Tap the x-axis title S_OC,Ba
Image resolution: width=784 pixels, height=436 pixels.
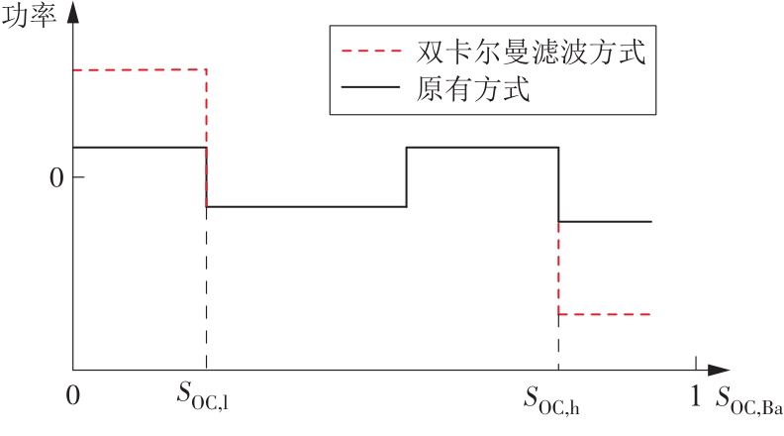pos(749,401)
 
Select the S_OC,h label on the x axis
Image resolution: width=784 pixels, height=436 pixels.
pos(558,399)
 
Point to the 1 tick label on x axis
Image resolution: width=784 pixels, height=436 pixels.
pos(695,395)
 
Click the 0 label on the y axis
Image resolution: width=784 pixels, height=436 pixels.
pos(56,177)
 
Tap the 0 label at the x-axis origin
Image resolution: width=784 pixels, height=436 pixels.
pos(71,395)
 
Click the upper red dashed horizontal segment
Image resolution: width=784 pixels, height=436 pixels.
pos(139,69)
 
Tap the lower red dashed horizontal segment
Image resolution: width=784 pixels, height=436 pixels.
pos(605,314)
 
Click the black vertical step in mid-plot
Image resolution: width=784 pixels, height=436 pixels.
pos(407,177)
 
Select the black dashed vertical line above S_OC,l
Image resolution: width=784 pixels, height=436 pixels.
pos(206,287)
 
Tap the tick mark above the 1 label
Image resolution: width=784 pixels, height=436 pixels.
pos(695,363)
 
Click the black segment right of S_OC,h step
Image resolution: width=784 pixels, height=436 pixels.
pos(605,221)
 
